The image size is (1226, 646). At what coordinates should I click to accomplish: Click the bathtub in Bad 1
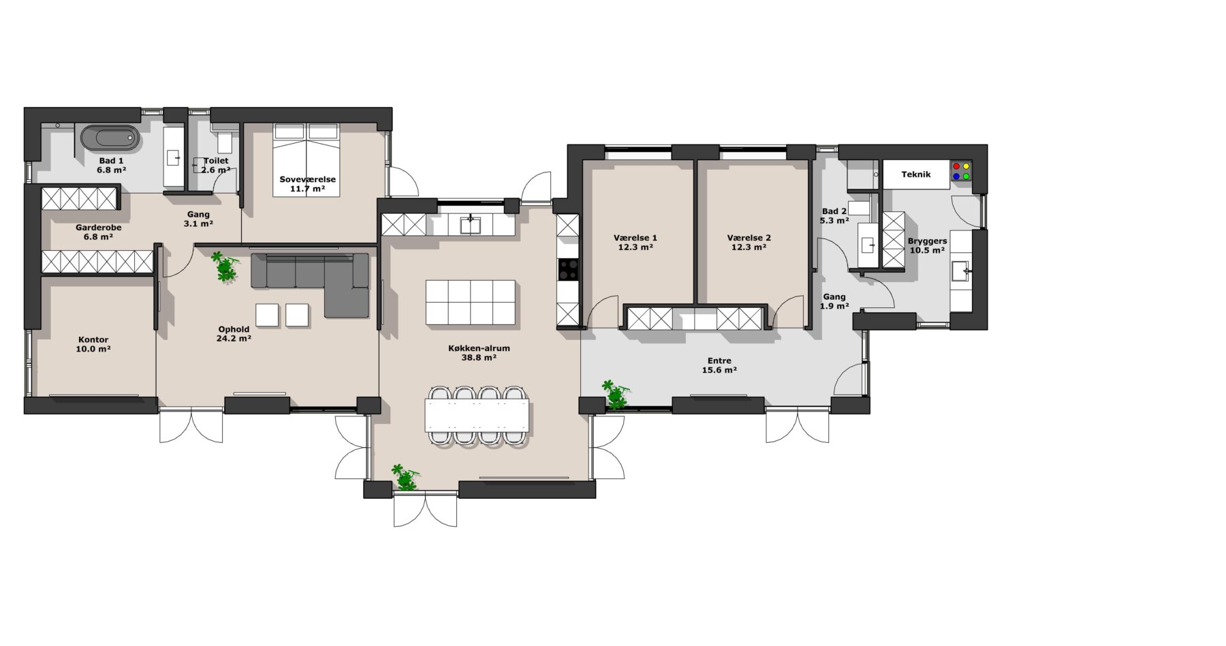click(x=110, y=138)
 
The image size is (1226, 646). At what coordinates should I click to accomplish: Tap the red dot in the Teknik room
click(x=956, y=166)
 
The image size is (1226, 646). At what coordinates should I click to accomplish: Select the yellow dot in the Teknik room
click(x=966, y=166)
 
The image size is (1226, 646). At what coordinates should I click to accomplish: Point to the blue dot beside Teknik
click(x=956, y=176)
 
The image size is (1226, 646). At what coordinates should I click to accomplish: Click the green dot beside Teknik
click(x=966, y=176)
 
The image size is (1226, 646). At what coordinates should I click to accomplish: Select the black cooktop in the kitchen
click(x=567, y=270)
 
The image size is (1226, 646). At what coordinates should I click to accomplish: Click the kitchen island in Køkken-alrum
click(x=471, y=302)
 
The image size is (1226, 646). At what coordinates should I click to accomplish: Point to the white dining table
click(x=477, y=415)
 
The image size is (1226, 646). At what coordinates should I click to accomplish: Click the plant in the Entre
click(x=616, y=395)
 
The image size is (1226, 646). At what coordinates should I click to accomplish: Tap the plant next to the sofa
click(x=224, y=266)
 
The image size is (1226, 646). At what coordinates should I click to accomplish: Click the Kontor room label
click(x=93, y=340)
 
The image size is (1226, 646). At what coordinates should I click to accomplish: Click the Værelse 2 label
click(x=749, y=238)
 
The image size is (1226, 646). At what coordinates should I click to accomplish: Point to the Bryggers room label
click(x=927, y=241)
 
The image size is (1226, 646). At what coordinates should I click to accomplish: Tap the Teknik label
click(x=915, y=174)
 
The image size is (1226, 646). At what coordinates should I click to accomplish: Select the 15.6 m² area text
click(x=719, y=370)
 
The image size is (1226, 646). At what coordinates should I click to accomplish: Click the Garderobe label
click(x=98, y=228)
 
